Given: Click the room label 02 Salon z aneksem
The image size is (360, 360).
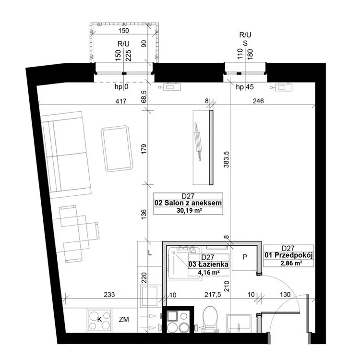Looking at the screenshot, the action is (x=188, y=203).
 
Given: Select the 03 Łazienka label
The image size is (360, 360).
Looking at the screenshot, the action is (x=208, y=264).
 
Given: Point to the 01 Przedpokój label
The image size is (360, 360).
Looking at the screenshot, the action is (x=288, y=255).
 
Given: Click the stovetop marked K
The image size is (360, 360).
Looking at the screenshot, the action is (x=99, y=320).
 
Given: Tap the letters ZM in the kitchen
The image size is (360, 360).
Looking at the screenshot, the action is (x=124, y=319).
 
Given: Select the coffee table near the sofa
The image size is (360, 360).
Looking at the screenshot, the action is (x=117, y=148).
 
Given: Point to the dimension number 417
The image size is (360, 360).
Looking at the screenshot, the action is (x=121, y=101).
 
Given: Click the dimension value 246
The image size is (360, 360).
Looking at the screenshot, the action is (x=258, y=101).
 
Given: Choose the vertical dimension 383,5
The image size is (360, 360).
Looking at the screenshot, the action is (x=227, y=159).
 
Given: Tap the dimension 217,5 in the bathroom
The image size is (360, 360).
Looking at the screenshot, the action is (x=213, y=295).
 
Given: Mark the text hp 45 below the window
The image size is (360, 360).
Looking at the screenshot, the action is (x=245, y=87).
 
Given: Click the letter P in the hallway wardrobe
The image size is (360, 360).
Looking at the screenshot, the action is (x=245, y=257).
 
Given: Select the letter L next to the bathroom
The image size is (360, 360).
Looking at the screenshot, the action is (x=150, y=253).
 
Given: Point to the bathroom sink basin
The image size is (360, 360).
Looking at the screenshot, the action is (x=239, y=323).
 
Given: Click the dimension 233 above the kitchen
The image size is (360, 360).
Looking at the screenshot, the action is (x=109, y=294).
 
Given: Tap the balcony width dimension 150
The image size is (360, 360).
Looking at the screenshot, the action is (x=123, y=31).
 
